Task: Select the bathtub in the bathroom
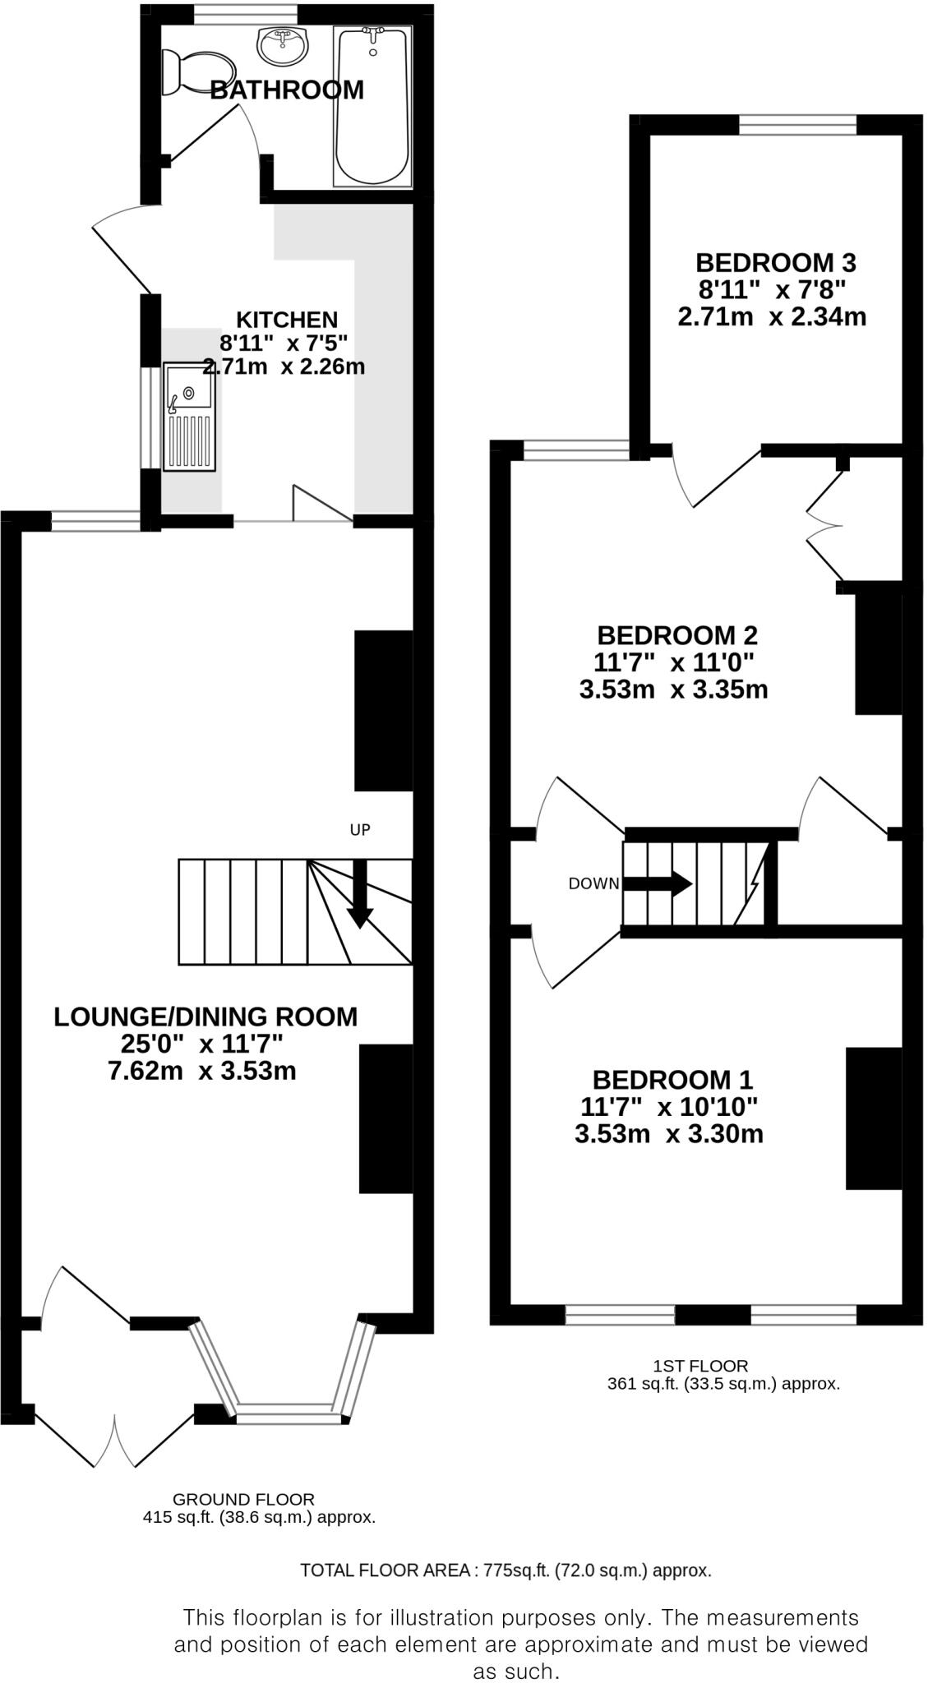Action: point(372,107)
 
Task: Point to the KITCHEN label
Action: point(287,319)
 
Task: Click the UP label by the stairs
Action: point(360,830)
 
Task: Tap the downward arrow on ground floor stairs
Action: point(360,896)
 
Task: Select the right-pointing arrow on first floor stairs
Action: point(658,884)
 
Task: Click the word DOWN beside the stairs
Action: point(593,884)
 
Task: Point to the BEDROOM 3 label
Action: point(775,263)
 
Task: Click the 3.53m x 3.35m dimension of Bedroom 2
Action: point(673,689)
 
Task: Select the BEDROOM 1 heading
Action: point(672,1079)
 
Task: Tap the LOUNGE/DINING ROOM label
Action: point(205,1017)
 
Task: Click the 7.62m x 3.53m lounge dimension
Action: point(202,1071)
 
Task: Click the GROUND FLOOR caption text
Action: point(243,1499)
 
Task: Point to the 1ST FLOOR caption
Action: point(700,1366)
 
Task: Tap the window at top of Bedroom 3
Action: point(797,124)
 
